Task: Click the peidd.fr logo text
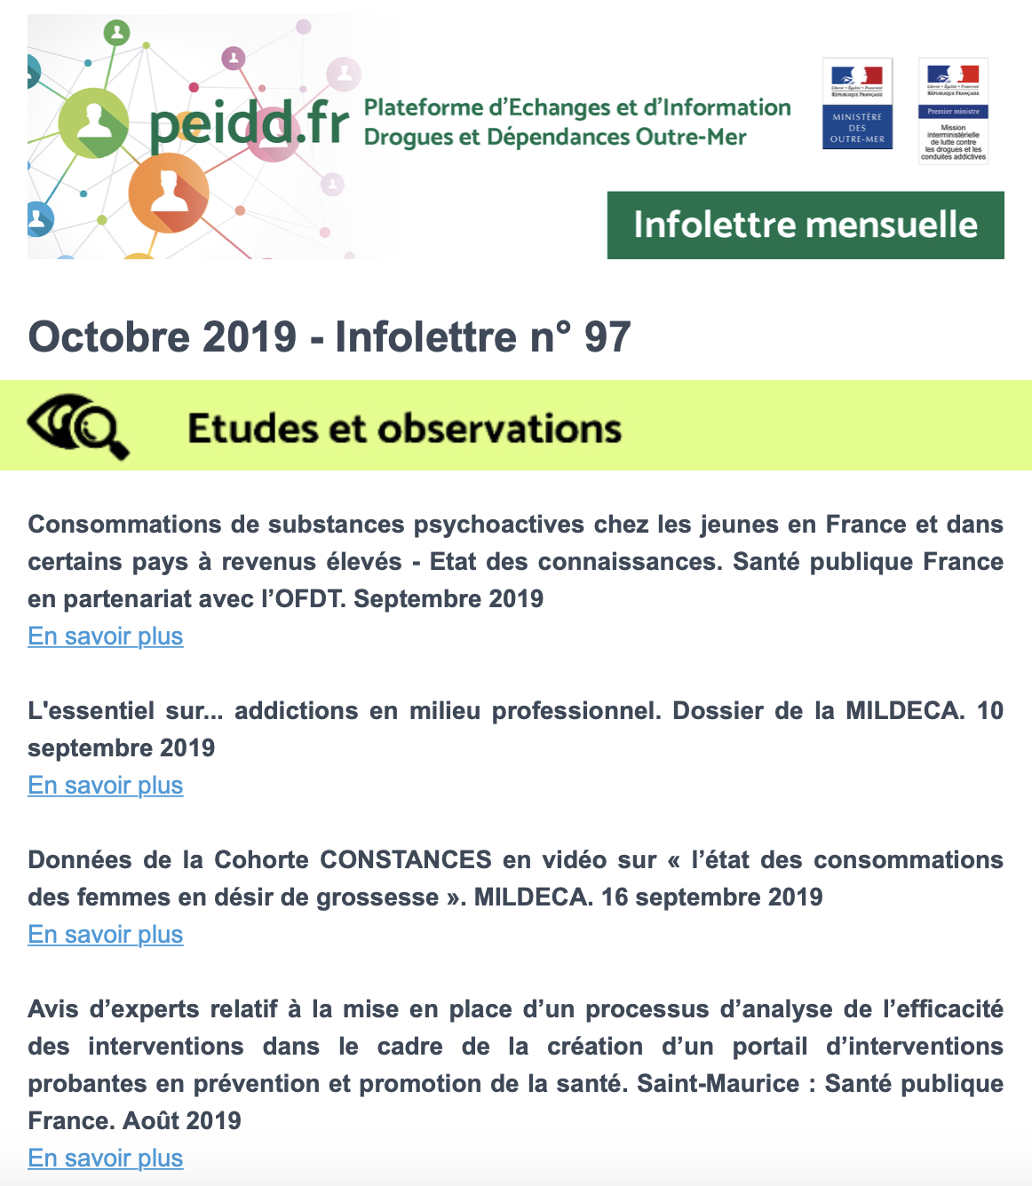click(250, 124)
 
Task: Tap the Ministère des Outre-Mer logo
click(857, 104)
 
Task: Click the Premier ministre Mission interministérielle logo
click(953, 111)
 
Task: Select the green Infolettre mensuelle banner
click(805, 225)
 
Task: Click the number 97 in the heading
click(607, 337)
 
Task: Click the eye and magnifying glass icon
click(78, 427)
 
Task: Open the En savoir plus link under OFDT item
click(106, 636)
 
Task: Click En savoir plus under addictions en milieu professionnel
click(106, 786)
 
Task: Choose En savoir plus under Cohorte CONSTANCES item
click(106, 935)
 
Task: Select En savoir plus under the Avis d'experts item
click(106, 1158)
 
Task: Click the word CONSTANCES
click(406, 860)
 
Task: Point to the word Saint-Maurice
click(718, 1084)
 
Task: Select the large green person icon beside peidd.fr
click(93, 123)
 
